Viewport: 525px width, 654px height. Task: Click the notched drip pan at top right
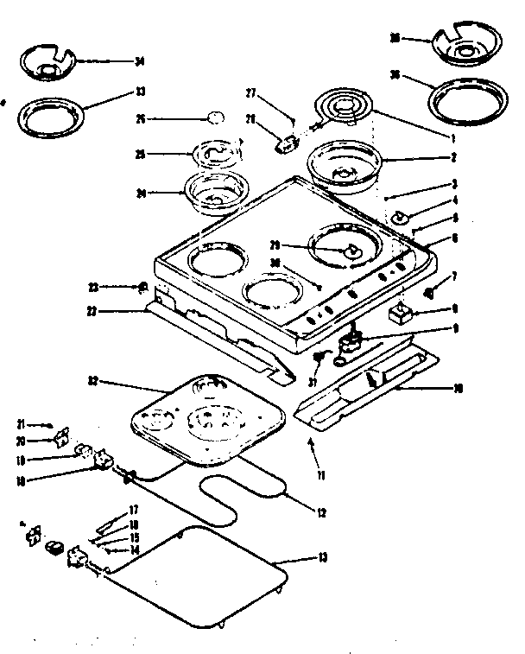pyautogui.click(x=469, y=48)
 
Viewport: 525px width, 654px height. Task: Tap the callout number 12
pyautogui.click(x=321, y=513)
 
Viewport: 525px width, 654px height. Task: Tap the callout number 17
pyautogui.click(x=135, y=509)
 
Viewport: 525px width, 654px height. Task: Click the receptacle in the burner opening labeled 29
pyautogui.click(x=351, y=251)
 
